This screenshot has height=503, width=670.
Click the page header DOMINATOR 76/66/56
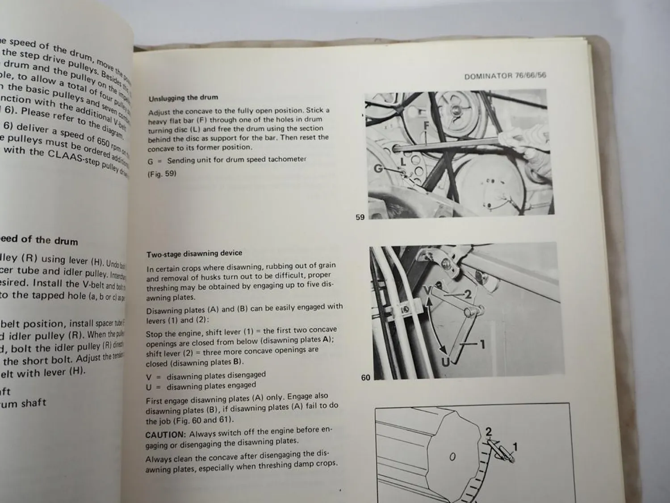pos(505,76)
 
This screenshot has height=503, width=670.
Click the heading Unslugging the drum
pos(183,98)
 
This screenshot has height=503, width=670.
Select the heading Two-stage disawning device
pos(194,254)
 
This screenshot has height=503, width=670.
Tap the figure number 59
pos(360,217)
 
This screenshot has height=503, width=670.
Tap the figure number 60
pos(365,378)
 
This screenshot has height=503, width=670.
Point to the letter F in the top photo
pos(426,127)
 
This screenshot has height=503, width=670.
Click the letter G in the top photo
pos(379,169)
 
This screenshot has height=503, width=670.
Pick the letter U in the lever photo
pos(445,362)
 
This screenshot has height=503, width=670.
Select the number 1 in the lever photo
pos(482,344)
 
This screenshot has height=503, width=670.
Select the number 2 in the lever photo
pos(467,294)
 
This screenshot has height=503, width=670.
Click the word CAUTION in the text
pos(165,434)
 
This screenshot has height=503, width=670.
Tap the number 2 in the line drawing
pos(488,431)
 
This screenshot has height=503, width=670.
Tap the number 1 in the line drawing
pos(515,446)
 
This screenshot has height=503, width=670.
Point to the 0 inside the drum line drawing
pos(452,457)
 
